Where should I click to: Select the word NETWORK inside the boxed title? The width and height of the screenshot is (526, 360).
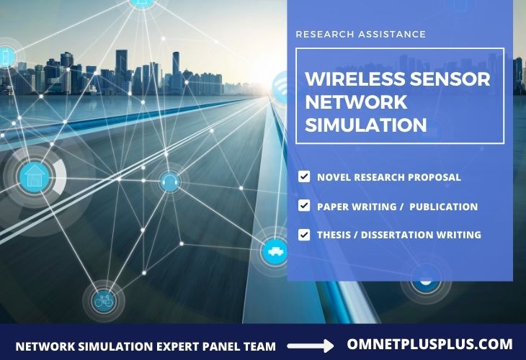(x=356, y=102)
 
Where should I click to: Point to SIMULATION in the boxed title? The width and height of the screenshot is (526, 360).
(x=365, y=125)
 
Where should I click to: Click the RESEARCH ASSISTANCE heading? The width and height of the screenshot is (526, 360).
(x=361, y=34)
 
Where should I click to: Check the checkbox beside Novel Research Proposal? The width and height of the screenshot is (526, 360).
(x=304, y=176)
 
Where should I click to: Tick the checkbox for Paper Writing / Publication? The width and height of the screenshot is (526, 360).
(x=304, y=206)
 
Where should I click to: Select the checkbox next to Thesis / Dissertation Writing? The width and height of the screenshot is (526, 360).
(x=304, y=234)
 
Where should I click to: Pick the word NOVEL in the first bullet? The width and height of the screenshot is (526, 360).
(x=334, y=177)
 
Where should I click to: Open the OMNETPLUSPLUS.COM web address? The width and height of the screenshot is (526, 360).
(x=429, y=344)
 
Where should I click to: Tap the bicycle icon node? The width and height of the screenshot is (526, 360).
(x=103, y=300)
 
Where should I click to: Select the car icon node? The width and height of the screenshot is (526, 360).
(x=275, y=251)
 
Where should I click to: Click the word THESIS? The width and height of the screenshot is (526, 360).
(x=334, y=235)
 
